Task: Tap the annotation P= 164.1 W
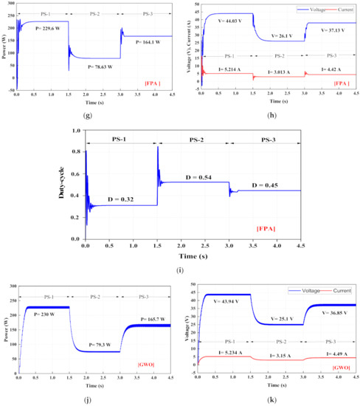coord(153,42)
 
